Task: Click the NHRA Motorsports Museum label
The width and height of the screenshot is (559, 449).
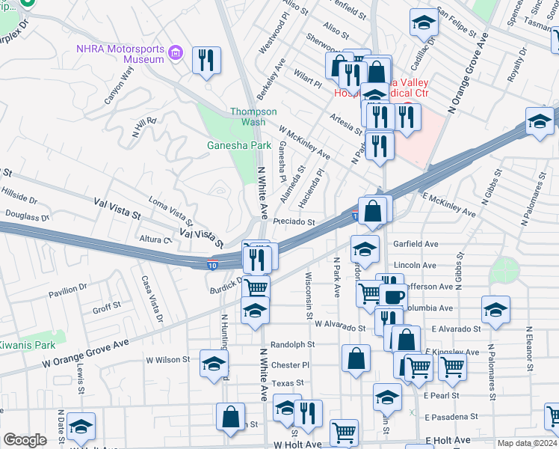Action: [x=120, y=54]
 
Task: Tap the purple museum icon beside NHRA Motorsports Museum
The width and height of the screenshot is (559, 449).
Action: [x=176, y=53]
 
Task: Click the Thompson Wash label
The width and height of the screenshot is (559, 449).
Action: [x=253, y=117]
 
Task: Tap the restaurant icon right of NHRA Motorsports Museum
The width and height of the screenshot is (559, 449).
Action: [x=207, y=61]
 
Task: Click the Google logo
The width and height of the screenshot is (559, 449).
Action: [x=25, y=440]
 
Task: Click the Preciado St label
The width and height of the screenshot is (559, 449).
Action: [x=294, y=222]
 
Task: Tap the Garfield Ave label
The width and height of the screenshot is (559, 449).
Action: [x=415, y=244]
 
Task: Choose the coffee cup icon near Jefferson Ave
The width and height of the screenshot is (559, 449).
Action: [x=393, y=295]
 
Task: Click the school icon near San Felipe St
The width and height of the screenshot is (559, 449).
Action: [x=424, y=24]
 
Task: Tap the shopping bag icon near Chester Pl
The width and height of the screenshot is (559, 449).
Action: [x=356, y=358]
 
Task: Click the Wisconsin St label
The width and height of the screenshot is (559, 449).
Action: [x=309, y=293]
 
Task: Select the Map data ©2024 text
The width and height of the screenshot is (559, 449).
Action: [x=527, y=443]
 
